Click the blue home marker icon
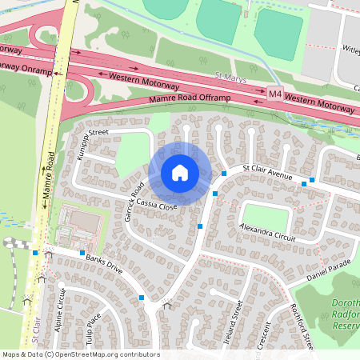(x=179, y=173)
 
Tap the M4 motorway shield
(x=275, y=94)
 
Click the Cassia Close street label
(x=146, y=205)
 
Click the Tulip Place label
(x=94, y=327)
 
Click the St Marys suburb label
(x=230, y=81)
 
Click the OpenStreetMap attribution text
(x=80, y=354)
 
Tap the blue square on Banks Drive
(x=82, y=253)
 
